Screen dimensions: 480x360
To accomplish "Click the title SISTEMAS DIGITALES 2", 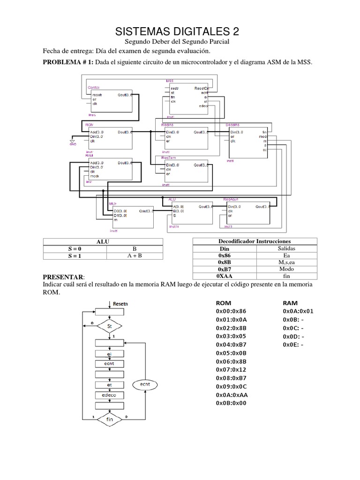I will point(177,32).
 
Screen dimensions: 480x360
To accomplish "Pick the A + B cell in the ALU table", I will point(135,256).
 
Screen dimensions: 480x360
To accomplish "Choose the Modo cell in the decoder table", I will point(286,270).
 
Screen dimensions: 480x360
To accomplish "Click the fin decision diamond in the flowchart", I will point(109,420).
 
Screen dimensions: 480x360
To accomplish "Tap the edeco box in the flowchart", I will point(109,395).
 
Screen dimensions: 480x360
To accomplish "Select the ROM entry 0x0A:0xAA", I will point(232,394).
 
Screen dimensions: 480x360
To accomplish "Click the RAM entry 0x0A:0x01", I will point(298,311).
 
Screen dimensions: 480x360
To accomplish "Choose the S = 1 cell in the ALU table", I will point(75,256).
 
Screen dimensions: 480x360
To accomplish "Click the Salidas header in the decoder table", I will point(286,248).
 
